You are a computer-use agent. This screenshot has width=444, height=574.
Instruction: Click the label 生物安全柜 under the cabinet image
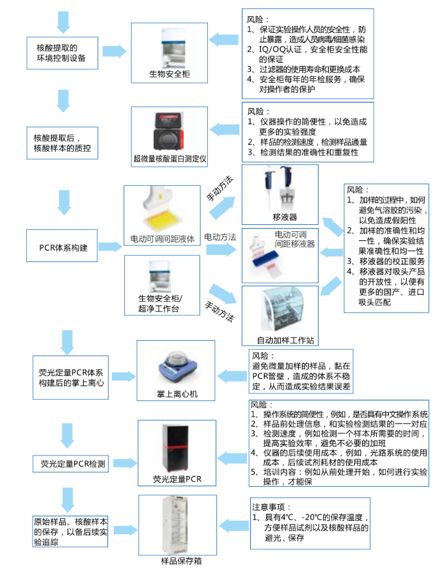click(x=170, y=74)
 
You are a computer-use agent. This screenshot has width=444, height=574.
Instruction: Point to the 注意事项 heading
click(x=271, y=506)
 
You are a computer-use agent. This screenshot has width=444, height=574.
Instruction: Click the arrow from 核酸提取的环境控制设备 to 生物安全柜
click(x=114, y=51)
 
